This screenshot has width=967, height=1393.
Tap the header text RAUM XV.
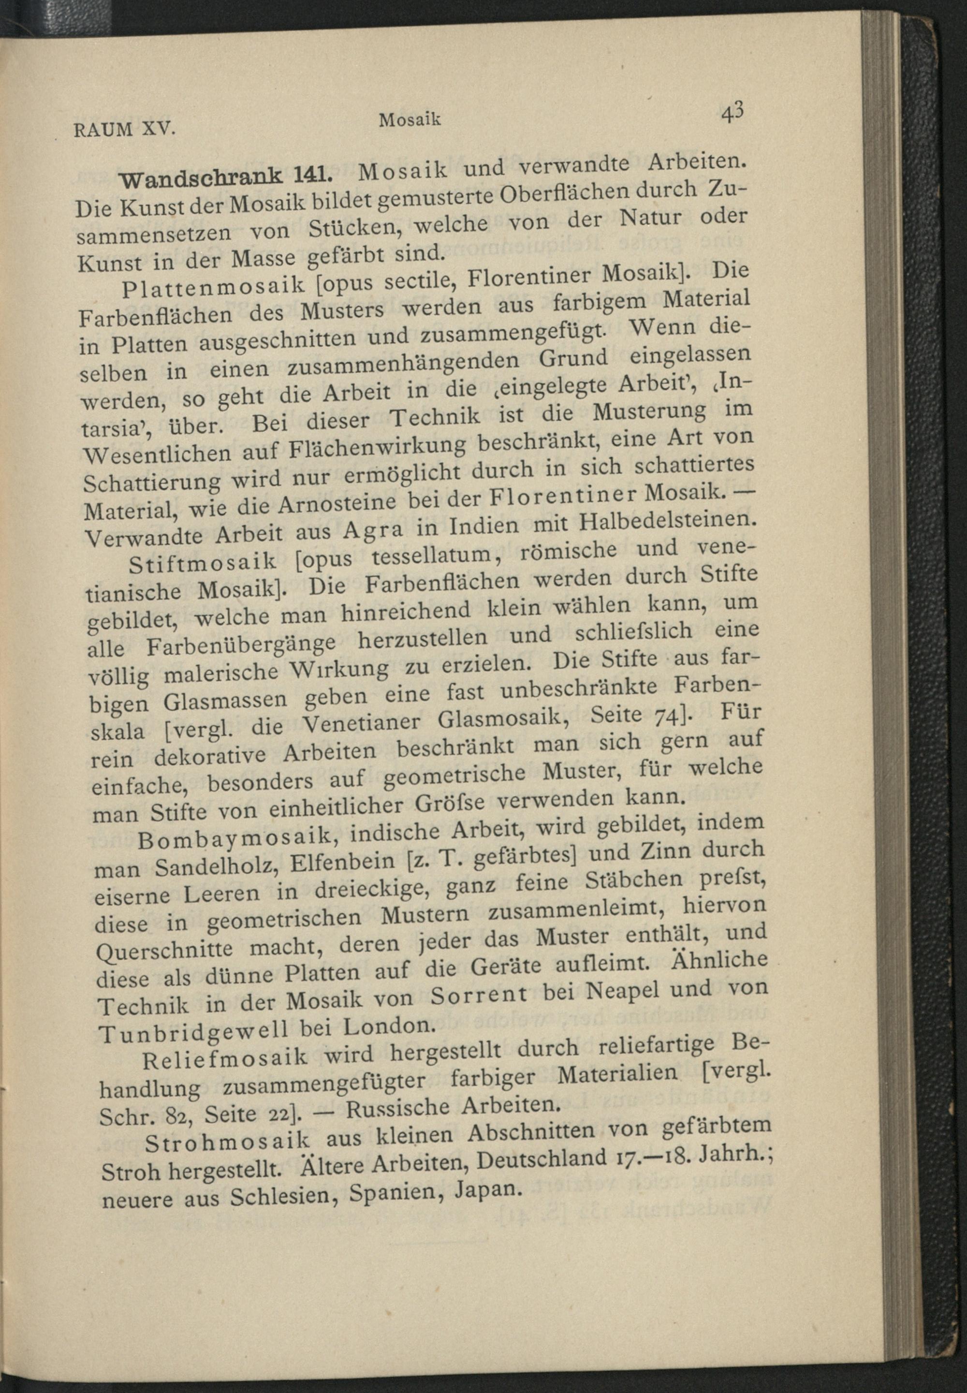pos(124,130)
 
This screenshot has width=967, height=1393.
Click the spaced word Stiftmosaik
pos(203,563)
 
